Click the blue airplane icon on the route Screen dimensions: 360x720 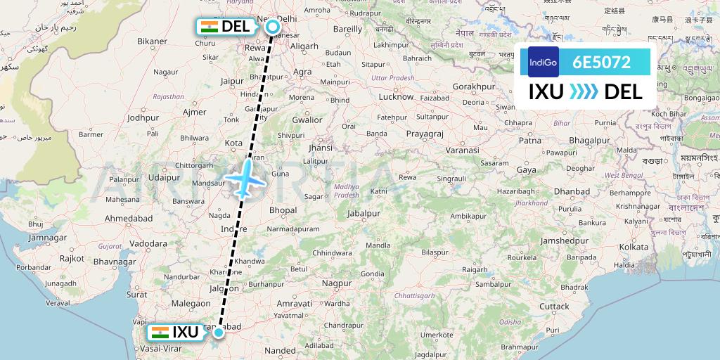click(247, 177)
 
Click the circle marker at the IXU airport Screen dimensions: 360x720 click(219, 333)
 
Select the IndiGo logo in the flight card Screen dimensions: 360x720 click(543, 61)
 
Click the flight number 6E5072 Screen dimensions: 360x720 click(601, 61)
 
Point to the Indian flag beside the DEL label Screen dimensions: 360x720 click(209, 27)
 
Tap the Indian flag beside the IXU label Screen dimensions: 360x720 click(160, 332)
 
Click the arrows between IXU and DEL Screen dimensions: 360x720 click(583, 91)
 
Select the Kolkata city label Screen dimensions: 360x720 click(633, 247)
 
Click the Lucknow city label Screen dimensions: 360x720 click(396, 96)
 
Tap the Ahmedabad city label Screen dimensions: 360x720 click(128, 219)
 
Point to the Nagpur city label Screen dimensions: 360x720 click(336, 283)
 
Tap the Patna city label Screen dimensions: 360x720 click(529, 141)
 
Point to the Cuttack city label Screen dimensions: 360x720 click(554, 306)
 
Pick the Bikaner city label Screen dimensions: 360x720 click(153, 41)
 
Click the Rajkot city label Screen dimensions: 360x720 click(72, 258)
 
